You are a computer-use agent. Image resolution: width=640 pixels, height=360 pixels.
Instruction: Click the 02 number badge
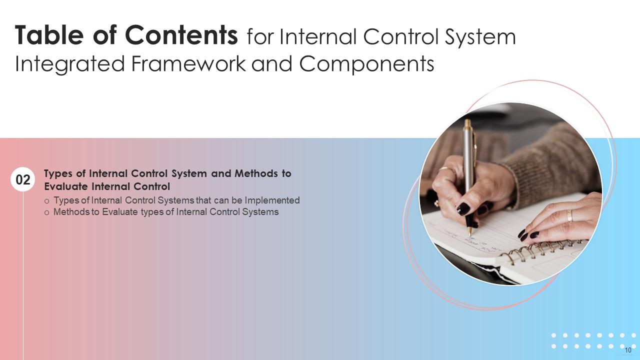(x=23, y=180)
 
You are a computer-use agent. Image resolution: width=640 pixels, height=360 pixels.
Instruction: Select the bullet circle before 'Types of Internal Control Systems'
(x=47, y=201)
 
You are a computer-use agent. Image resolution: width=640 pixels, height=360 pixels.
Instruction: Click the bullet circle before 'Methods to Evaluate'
(x=47, y=212)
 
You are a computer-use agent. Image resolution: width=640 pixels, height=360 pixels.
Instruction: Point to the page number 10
(x=628, y=350)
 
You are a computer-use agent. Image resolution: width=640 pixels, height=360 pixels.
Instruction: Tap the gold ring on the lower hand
(x=569, y=215)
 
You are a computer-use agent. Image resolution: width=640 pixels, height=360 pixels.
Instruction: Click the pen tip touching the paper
(x=469, y=233)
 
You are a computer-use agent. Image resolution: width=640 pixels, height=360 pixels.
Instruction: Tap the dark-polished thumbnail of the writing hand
(x=463, y=208)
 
